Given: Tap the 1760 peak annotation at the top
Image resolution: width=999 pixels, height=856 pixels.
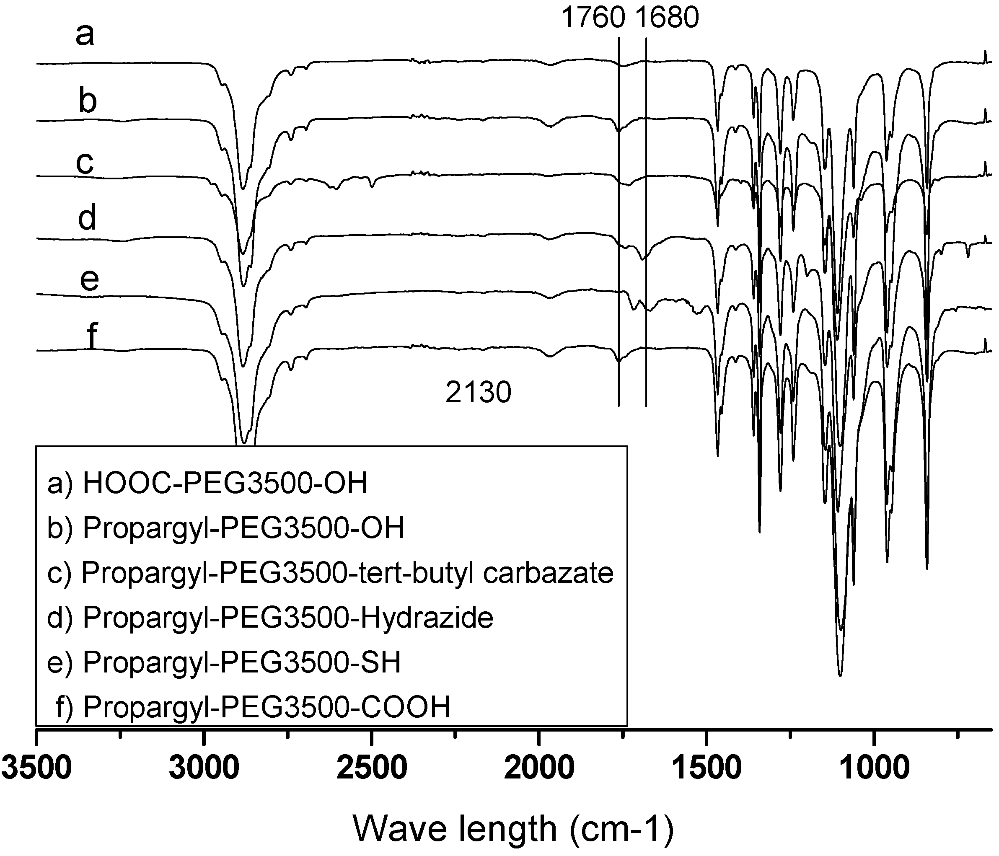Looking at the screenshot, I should point(593,18).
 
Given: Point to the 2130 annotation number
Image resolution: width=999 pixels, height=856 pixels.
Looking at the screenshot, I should point(478,392).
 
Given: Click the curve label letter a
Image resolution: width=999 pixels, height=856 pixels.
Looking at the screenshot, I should point(85,35).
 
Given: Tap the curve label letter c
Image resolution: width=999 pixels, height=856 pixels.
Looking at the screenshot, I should point(85,163).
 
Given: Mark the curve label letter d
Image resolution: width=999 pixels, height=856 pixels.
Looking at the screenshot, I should point(87,217).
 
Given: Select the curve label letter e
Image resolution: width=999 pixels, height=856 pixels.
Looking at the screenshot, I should point(89,279).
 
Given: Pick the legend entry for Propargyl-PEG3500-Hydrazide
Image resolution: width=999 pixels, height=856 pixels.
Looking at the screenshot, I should point(270,618).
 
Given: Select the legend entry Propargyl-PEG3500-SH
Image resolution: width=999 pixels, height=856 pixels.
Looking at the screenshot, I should point(224,662).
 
